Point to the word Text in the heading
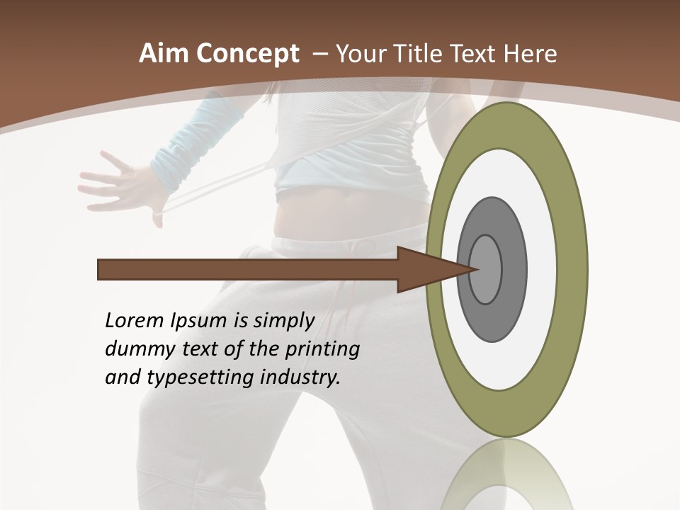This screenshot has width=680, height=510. pyautogui.click(x=475, y=54)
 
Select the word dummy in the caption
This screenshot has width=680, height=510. pyautogui.click(x=133, y=350)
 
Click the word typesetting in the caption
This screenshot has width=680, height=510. pyautogui.click(x=200, y=378)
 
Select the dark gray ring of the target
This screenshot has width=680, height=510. pyautogui.click(x=512, y=269)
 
